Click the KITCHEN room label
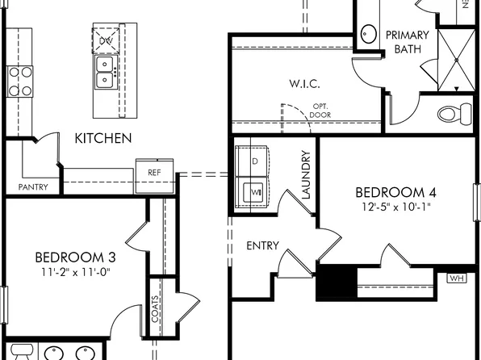click(x=103, y=138)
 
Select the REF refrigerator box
click(x=153, y=172)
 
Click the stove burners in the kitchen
click(x=20, y=80)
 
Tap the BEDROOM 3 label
click(x=75, y=257)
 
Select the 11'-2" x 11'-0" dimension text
click(x=75, y=272)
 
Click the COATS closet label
click(x=155, y=308)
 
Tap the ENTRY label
click(x=262, y=245)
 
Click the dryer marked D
click(x=255, y=161)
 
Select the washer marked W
click(x=253, y=193)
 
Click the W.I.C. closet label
click(x=304, y=83)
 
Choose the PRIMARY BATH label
click(x=407, y=42)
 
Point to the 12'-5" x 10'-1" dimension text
click(x=395, y=207)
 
